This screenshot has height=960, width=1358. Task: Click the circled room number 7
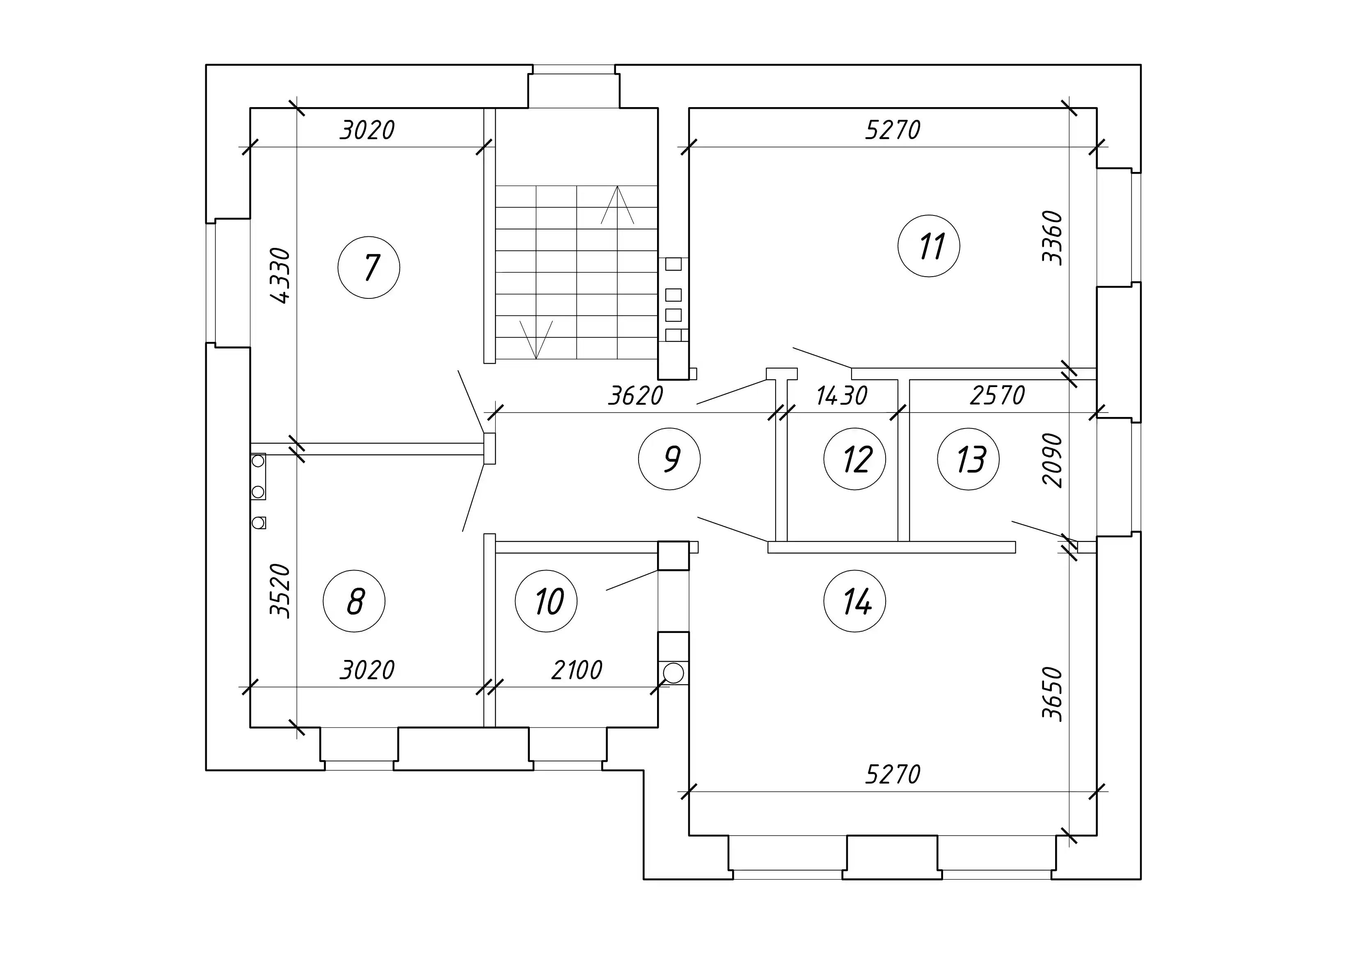(x=369, y=267)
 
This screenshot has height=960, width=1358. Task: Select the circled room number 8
(x=354, y=601)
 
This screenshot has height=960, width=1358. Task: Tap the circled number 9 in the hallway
(x=669, y=459)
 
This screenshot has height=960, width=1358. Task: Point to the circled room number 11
(x=929, y=246)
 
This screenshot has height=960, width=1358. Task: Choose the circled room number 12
(x=855, y=459)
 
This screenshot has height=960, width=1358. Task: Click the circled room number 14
(x=855, y=601)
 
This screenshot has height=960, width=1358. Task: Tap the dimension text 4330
(x=280, y=276)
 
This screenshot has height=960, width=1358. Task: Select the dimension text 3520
(x=280, y=590)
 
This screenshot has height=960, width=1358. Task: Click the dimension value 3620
(x=636, y=396)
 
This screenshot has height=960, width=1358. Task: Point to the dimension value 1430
(x=842, y=396)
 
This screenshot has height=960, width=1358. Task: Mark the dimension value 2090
(x=1053, y=460)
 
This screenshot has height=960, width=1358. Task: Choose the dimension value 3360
(x=1053, y=238)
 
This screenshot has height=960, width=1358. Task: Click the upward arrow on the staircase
(x=618, y=205)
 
